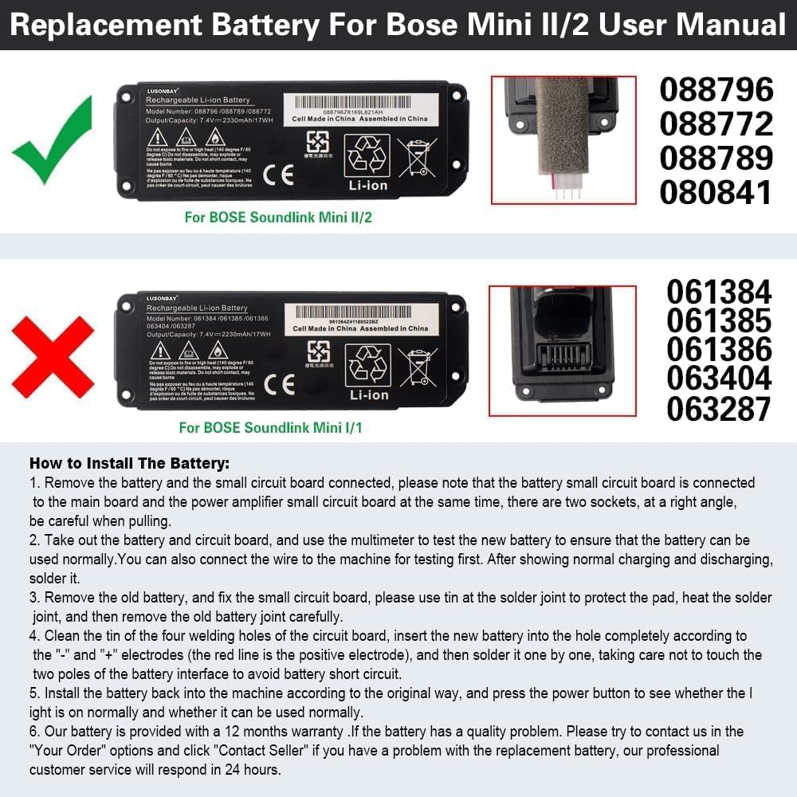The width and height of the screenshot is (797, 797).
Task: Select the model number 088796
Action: [716, 90]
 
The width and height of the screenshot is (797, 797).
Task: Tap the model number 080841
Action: [716, 193]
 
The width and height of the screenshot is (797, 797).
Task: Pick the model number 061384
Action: [719, 292]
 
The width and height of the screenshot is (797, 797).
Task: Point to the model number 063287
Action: [719, 408]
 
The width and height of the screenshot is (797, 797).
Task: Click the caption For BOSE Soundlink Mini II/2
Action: [278, 217]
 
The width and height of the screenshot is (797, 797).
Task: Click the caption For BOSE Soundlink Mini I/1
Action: [270, 428]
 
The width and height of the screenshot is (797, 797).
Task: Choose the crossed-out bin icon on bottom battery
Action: [417, 367]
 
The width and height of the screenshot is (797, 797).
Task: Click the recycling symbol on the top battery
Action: [367, 155]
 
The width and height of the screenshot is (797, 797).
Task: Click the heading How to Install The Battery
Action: [129, 463]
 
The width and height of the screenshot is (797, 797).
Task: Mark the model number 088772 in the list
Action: [716, 124]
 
